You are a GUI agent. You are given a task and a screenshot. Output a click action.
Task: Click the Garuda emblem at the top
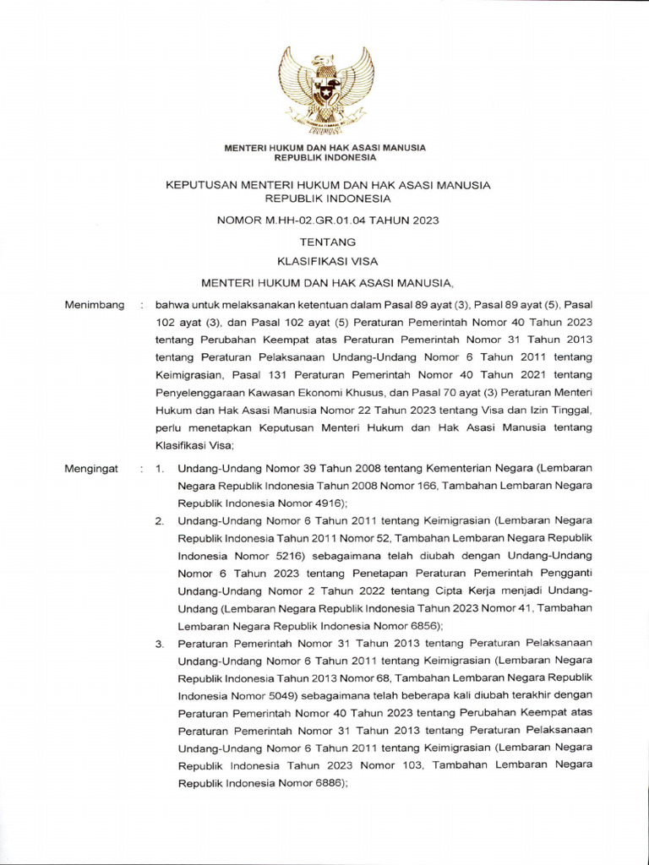click(325, 90)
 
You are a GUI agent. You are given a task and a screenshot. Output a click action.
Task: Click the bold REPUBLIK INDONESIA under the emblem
click(324, 157)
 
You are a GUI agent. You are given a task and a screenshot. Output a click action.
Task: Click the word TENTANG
click(324, 242)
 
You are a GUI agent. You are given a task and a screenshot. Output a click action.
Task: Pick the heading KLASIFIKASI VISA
click(324, 262)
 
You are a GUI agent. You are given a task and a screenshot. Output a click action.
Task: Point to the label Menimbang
click(95, 304)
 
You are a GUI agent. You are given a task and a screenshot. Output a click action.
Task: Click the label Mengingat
click(91, 467)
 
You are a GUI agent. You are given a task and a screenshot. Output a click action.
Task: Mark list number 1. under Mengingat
click(160, 467)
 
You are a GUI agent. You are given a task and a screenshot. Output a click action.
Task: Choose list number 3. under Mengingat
click(160, 645)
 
